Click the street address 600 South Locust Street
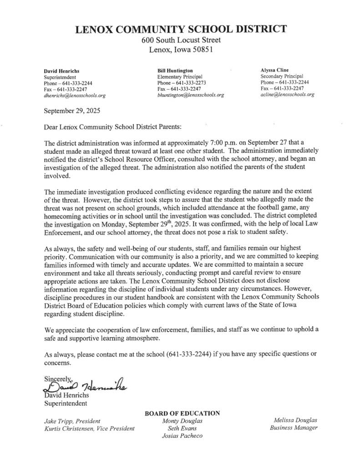pyautogui.click(x=181, y=41)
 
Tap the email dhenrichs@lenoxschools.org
pyautogui.click(x=74, y=96)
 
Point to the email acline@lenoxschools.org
pyautogui.click(x=287, y=95)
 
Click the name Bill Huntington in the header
pyautogui.click(x=175, y=71)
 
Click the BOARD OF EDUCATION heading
pyautogui.click(x=182, y=413)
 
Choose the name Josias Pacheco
pyautogui.click(x=182, y=436)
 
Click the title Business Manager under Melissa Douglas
pyautogui.click(x=294, y=428)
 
